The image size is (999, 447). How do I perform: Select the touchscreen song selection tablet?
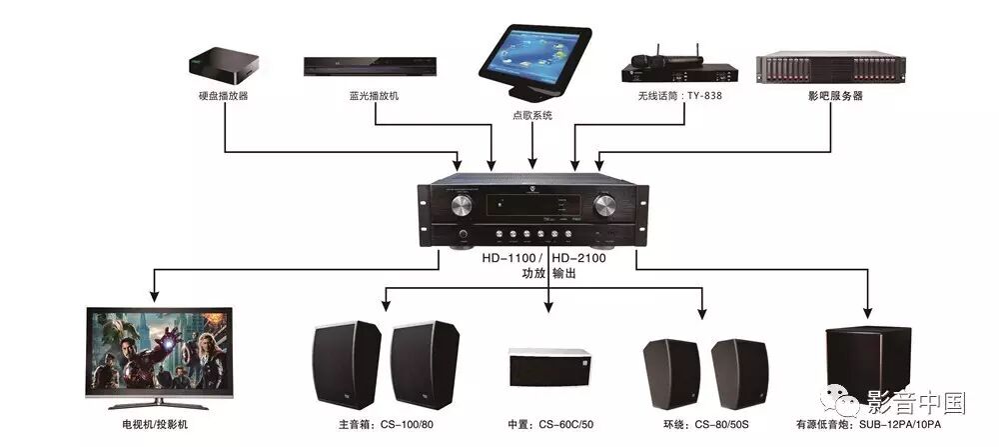click(535, 60)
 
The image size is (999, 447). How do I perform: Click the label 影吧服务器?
click(835, 96)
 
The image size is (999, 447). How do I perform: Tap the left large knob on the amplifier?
click(462, 206)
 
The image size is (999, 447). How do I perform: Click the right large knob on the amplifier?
click(605, 206)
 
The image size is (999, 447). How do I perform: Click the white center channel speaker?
click(549, 368)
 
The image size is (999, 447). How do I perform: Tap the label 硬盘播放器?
click(223, 96)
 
